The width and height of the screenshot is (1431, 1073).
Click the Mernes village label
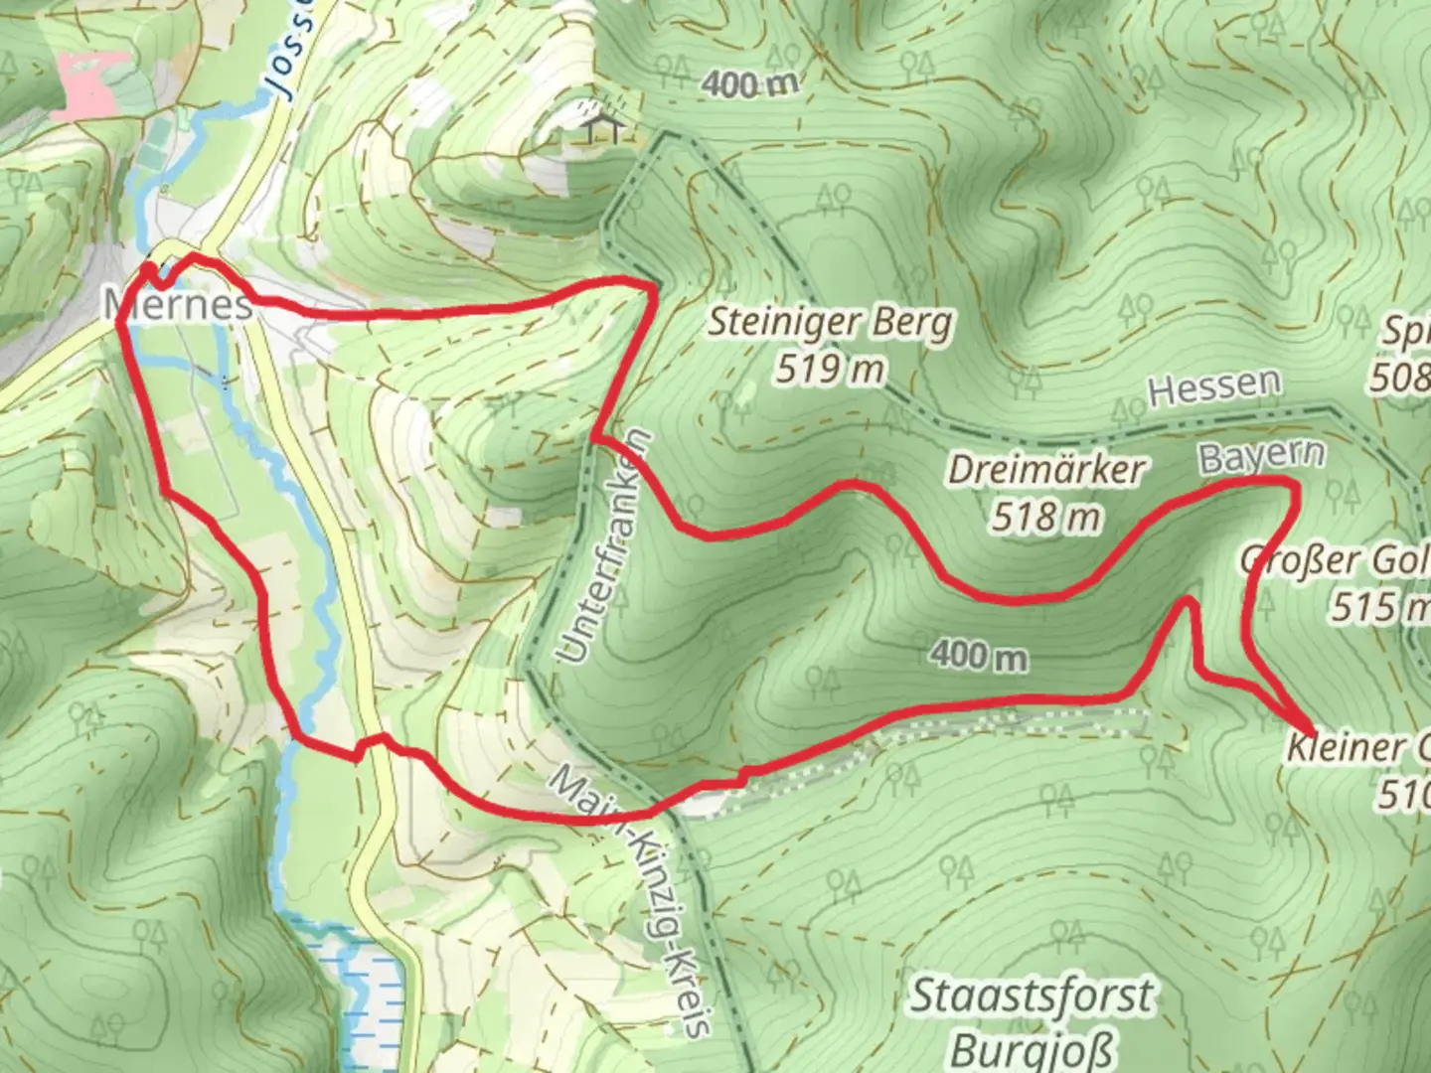click(179, 304)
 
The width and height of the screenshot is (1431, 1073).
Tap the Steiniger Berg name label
click(829, 323)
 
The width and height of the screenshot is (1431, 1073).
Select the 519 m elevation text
click(829, 370)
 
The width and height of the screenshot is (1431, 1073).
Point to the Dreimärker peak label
click(1045, 469)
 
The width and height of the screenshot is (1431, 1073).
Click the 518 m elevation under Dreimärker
click(1045, 517)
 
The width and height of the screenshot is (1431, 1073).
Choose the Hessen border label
click(1213, 386)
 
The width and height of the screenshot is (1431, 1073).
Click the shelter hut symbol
click(604, 126)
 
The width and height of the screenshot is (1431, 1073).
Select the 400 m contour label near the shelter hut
click(749, 85)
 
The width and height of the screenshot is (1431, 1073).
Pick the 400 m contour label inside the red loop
click(978, 655)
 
